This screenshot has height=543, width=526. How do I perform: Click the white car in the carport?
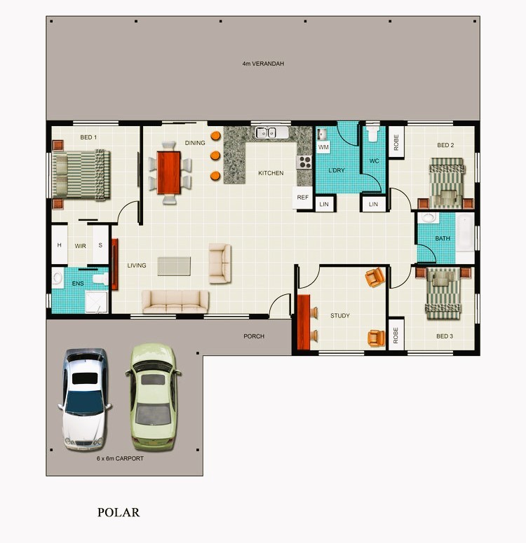pyautogui.click(x=85, y=399)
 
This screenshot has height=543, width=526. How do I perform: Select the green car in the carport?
pyautogui.click(x=153, y=397)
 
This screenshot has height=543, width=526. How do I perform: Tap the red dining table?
pyautogui.click(x=169, y=172)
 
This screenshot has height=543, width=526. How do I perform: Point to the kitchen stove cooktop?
pyautogui.click(x=304, y=162)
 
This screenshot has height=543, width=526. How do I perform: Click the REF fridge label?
pyautogui.click(x=302, y=198)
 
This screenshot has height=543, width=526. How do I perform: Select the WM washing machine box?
pyautogui.click(x=323, y=147)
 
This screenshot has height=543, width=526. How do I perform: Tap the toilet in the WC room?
pyautogui.click(x=373, y=133)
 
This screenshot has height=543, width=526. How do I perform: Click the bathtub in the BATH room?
pyautogui.click(x=464, y=232)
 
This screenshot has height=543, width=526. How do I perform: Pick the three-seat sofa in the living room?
pyautogui.click(x=175, y=302)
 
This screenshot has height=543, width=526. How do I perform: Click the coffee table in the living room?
pyautogui.click(x=174, y=266)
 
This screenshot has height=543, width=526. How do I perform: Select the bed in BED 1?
pyautogui.click(x=81, y=175)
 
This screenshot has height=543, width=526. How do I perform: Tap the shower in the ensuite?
pyautogui.click(x=97, y=302)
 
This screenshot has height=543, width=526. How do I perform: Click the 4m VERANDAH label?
pyautogui.click(x=263, y=64)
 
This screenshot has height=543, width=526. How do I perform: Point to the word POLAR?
pyautogui.click(x=119, y=512)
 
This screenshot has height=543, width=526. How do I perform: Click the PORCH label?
pyautogui.click(x=254, y=336)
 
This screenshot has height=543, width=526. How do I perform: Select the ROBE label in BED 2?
pyautogui.click(x=396, y=142)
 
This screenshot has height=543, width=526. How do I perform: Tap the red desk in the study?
pyautogui.click(x=304, y=322)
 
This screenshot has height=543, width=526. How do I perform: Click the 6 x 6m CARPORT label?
pyautogui.click(x=120, y=458)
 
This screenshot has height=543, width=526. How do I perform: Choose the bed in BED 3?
pyautogui.click(x=443, y=294)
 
